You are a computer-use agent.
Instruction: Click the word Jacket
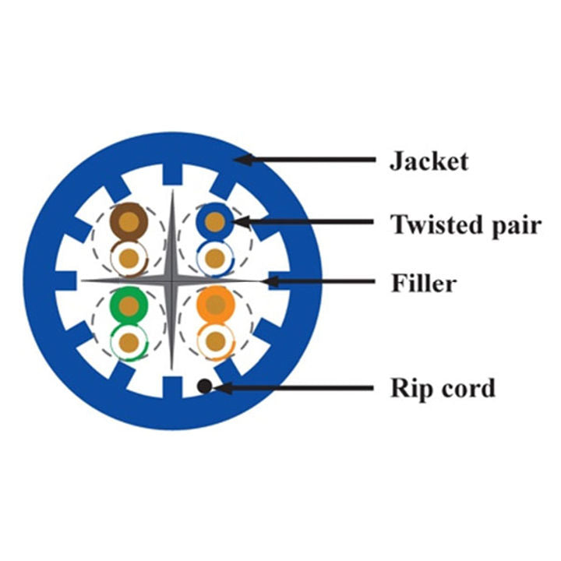click(429, 161)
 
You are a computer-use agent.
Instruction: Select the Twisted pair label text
click(466, 224)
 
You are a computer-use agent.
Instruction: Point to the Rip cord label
click(443, 387)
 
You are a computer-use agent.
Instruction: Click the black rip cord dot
click(203, 385)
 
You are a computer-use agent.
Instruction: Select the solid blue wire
click(213, 221)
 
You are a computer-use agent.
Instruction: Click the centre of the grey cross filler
click(170, 280)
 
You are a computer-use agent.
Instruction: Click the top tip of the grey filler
click(170, 191)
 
